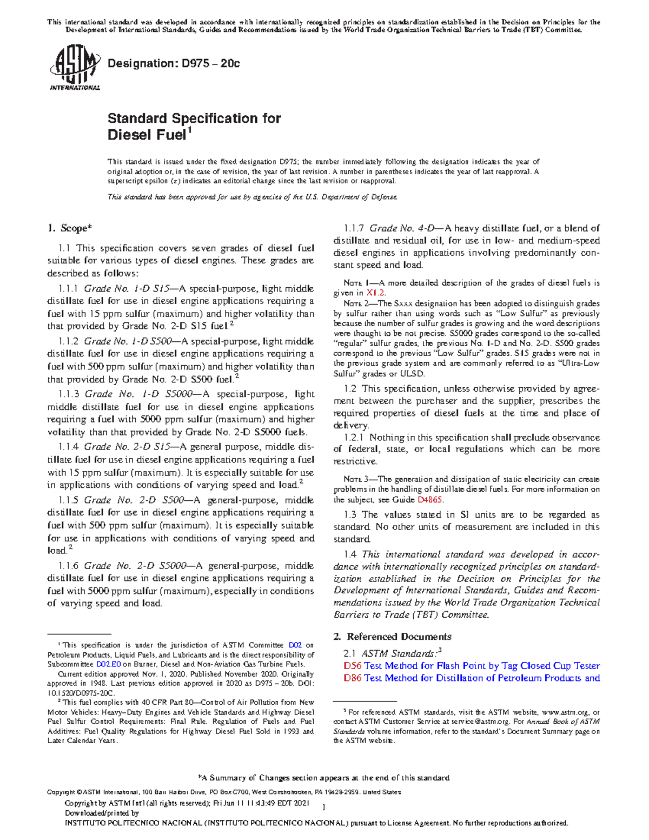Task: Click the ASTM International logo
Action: tap(75, 68)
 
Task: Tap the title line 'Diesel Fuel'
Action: tap(147, 135)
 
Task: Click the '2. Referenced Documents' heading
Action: tap(392, 637)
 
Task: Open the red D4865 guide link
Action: tap(430, 499)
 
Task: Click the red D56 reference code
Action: tap(352, 666)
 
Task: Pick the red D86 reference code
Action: tap(352, 678)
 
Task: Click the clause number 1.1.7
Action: tap(354, 228)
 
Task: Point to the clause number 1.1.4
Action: tap(68, 447)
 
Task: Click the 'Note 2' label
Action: tap(355, 303)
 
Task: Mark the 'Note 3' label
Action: tap(355, 479)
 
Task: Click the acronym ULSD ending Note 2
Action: tap(413, 374)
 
